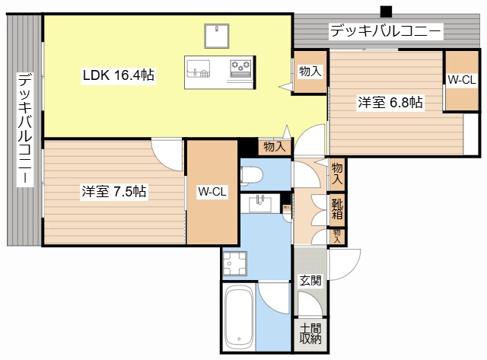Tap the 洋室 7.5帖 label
(114, 193)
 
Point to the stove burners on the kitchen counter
(241, 68)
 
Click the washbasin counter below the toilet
(263, 204)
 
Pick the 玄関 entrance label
(310, 280)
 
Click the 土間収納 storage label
(310, 333)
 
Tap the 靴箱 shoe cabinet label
(337, 208)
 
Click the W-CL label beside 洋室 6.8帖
(462, 79)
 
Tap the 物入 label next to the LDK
(310, 72)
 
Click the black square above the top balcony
(386, 11)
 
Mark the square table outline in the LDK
(217, 36)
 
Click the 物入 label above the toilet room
(274, 146)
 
